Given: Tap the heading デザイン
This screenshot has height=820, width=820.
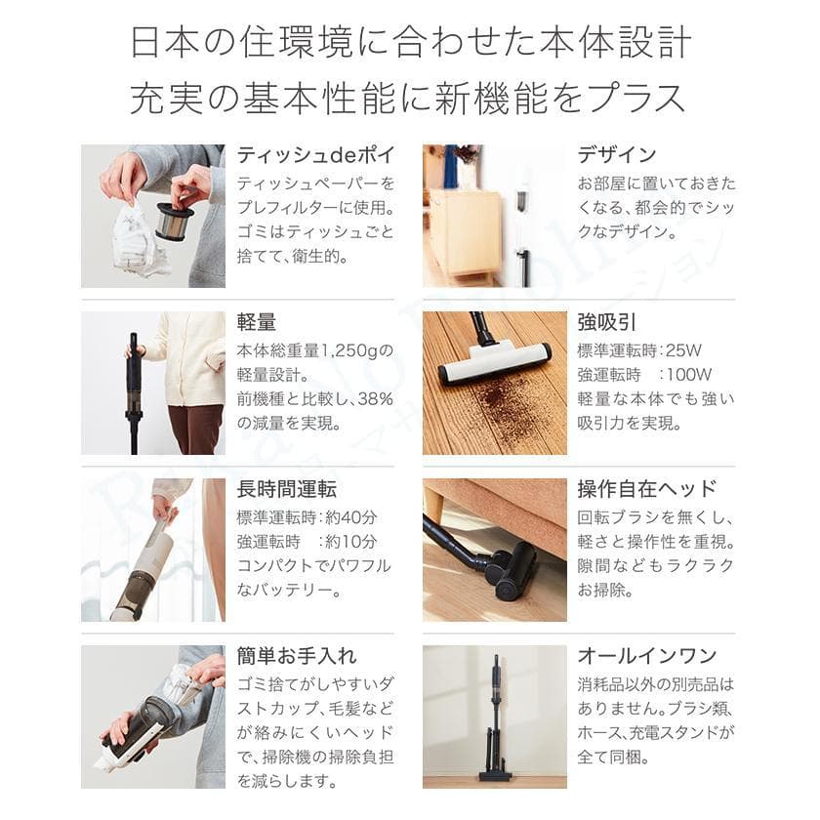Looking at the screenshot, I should coord(616,155).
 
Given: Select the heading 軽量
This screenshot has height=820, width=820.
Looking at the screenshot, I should coord(257,323).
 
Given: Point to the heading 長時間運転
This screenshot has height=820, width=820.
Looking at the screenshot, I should coord(286,489).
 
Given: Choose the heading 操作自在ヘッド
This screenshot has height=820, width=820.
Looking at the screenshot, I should coord(646,489).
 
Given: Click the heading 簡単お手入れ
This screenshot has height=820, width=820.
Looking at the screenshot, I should coord(297,655).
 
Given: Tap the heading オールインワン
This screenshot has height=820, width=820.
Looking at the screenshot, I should coord(646,655).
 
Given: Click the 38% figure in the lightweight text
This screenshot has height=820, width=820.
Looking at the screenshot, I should coord(373,398).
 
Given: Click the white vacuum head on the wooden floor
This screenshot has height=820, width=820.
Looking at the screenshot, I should coord(493,363).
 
